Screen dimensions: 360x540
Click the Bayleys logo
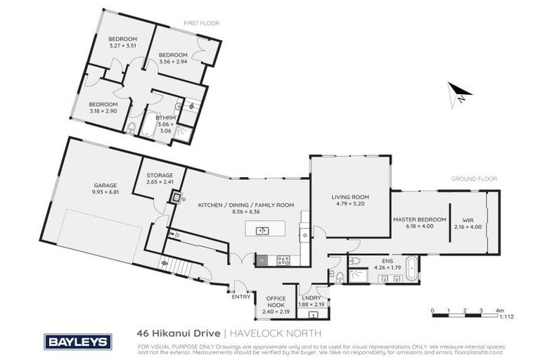[x=78, y=340]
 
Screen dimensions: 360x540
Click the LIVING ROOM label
[x=350, y=197]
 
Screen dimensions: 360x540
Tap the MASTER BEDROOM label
[x=420, y=219]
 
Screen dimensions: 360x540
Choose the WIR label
[x=468, y=219]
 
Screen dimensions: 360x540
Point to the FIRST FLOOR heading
[x=202, y=23]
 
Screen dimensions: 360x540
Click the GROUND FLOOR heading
[x=470, y=179]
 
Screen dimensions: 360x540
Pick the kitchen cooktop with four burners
[x=283, y=259]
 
